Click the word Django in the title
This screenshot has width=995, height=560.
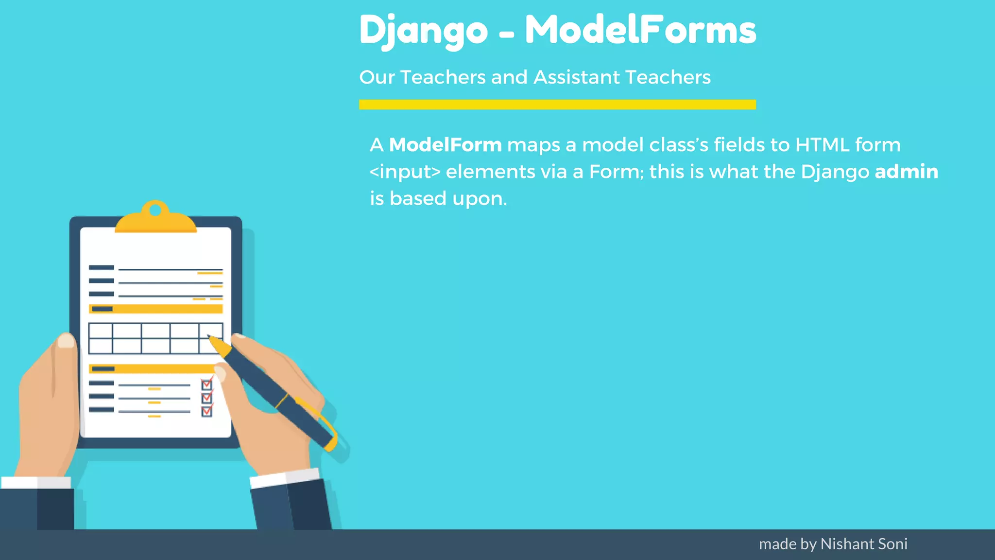pyautogui.click(x=423, y=30)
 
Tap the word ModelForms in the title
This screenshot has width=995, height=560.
pyautogui.click(x=640, y=30)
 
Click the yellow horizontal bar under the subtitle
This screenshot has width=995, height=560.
pyautogui.click(x=557, y=105)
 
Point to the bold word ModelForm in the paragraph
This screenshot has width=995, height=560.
pyautogui.click(x=445, y=145)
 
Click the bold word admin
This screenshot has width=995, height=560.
pyautogui.click(x=906, y=172)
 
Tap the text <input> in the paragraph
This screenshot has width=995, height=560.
pyautogui.click(x=405, y=172)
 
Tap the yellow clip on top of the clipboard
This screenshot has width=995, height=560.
pyautogui.click(x=155, y=221)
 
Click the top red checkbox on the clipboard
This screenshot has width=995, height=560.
pyautogui.click(x=207, y=385)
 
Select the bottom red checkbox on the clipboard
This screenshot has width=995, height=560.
pyautogui.click(x=207, y=411)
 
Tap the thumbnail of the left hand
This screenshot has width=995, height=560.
pyautogui.click(x=66, y=340)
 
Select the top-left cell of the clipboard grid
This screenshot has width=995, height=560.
pyautogui.click(x=101, y=331)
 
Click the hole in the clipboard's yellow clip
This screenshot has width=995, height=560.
pyautogui.click(x=155, y=210)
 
